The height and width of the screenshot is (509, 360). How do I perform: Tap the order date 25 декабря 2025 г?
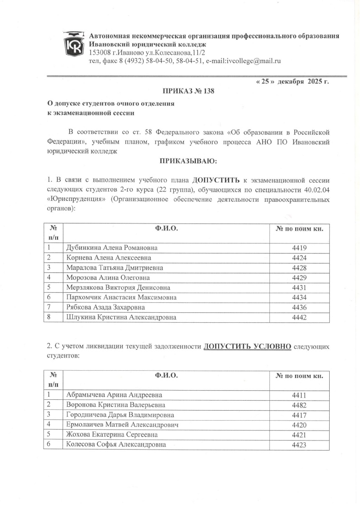click(293, 82)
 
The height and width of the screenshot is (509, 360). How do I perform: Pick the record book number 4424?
click(300, 258)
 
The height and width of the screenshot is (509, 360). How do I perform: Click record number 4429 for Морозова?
click(300, 278)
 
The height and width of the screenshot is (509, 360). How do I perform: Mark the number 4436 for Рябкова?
click(300, 307)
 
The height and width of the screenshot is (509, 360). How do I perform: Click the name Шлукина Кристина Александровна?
click(121, 317)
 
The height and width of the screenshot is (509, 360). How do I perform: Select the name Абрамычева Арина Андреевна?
click(114, 395)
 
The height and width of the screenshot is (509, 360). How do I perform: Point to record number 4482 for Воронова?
click(300, 405)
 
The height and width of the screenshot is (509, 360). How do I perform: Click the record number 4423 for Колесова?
click(300, 445)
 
